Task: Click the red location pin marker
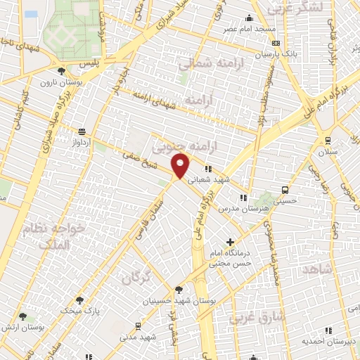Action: (181, 166)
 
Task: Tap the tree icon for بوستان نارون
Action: (62, 71)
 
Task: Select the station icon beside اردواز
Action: (82, 131)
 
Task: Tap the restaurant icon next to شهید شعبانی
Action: (208, 169)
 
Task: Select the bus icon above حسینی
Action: (285, 189)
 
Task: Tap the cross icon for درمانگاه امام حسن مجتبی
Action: (230, 243)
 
